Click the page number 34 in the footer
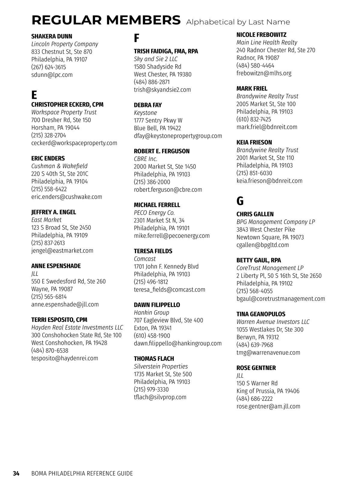click(16, 473)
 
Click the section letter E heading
click(34, 95)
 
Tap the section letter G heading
click(240, 201)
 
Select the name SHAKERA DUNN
click(52, 36)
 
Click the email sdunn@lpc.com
click(52, 75)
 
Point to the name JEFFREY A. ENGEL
click(54, 212)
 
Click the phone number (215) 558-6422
click(49, 189)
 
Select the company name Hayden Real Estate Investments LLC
click(77, 327)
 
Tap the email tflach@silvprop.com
click(160, 397)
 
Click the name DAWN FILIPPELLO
click(157, 305)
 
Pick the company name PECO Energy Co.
click(154, 213)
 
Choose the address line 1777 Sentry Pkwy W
click(158, 120)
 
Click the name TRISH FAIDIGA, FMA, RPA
click(166, 51)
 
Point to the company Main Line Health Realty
click(267, 42)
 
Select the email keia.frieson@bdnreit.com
click(269, 180)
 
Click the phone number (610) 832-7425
click(253, 119)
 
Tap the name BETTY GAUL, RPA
click(259, 260)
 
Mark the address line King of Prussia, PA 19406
click(268, 391)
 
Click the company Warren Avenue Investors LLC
click(273, 322)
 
